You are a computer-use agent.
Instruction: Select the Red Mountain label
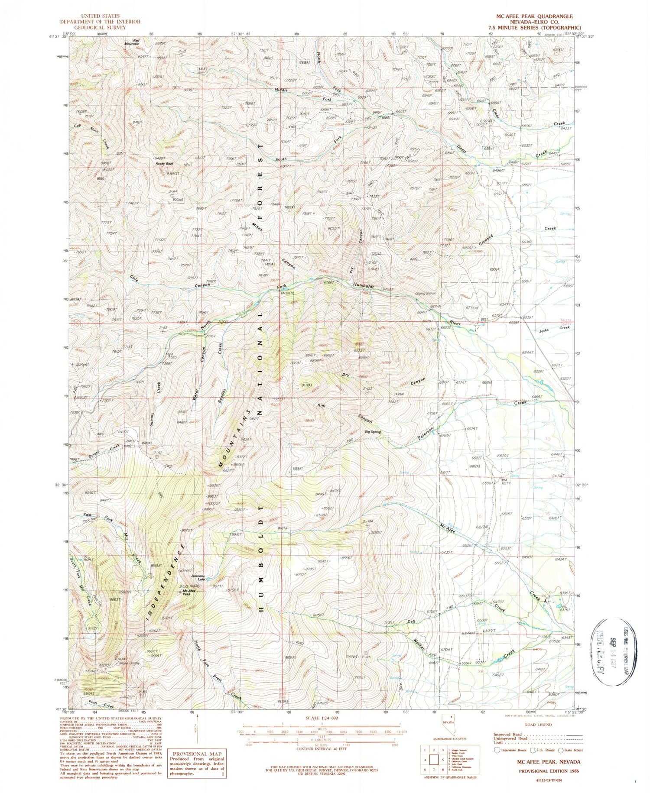pyautogui.click(x=132, y=42)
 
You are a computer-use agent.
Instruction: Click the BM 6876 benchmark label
pyautogui.click(x=287, y=293)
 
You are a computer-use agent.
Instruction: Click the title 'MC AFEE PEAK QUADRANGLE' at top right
pyautogui.click(x=534, y=16)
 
